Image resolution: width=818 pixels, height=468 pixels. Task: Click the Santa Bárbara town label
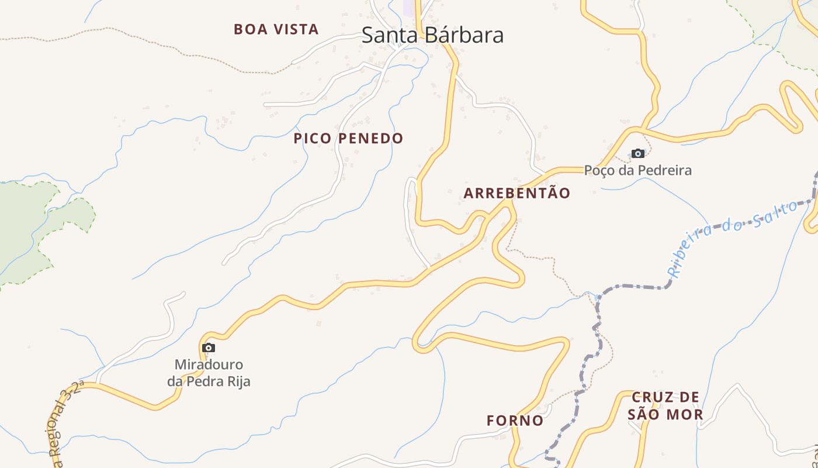tap(432, 35)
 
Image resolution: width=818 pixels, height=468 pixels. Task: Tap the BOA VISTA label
tap(276, 29)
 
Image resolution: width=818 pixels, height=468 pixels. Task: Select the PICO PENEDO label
tap(348, 139)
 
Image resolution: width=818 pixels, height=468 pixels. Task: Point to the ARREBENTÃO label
tap(517, 194)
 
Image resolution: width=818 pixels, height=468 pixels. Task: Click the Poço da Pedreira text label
tap(638, 170)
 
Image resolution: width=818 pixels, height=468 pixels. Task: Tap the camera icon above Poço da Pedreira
tap(638, 154)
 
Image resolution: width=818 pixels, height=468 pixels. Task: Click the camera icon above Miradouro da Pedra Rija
tap(208, 348)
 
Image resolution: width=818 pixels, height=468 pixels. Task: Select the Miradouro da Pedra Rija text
tap(209, 373)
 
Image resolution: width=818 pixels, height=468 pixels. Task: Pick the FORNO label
tap(515, 421)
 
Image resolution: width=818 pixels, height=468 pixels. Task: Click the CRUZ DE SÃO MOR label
tap(665, 406)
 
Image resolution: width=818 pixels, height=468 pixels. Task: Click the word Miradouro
tap(209, 365)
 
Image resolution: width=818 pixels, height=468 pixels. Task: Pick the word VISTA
tap(297, 29)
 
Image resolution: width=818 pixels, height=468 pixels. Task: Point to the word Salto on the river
tap(775, 215)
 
